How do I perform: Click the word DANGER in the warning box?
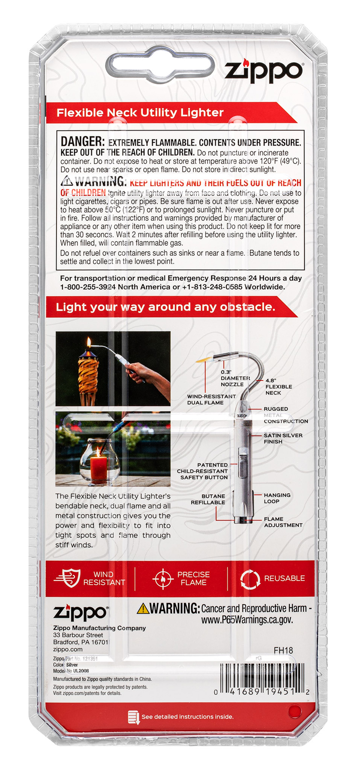[82, 141]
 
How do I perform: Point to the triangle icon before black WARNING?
[67, 181]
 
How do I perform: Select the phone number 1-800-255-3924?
[88, 287]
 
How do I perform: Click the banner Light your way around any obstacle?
[165, 307]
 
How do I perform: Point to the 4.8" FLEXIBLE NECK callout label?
[278, 386]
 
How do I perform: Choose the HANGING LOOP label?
[277, 498]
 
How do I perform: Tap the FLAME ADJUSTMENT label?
[283, 522]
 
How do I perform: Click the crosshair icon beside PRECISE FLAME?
[163, 579]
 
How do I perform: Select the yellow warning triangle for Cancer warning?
[143, 608]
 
